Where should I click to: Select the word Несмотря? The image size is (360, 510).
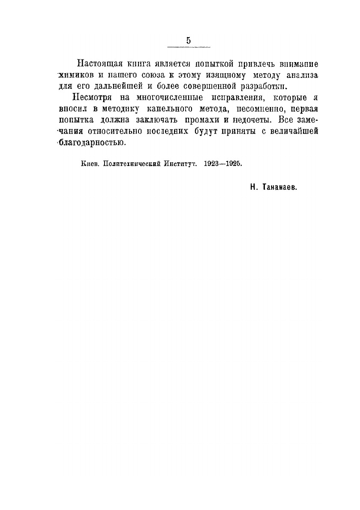point(93,97)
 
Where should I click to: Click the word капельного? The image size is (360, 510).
point(159,108)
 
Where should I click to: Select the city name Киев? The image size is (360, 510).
point(88,164)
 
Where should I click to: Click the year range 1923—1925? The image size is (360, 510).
point(223,164)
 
